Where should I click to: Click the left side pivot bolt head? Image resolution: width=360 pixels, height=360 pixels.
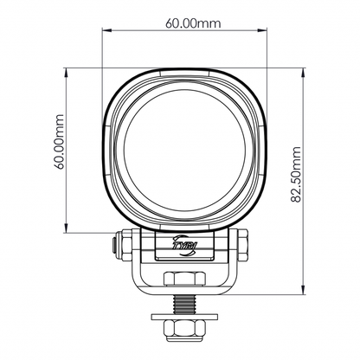coord(112,245)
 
